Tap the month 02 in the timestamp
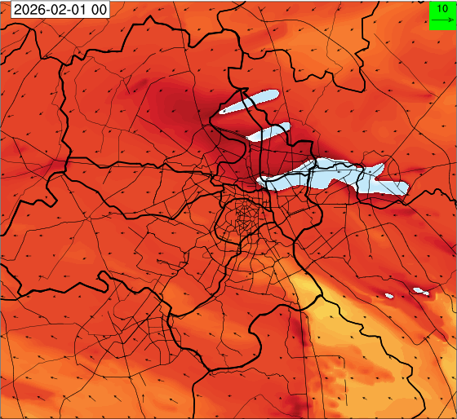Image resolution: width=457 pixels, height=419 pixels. (x=49, y=10)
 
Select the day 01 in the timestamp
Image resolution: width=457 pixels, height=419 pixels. (x=70, y=10)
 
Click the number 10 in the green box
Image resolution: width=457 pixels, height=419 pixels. (x=441, y=8)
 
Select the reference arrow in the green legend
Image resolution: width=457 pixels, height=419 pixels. (x=442, y=20)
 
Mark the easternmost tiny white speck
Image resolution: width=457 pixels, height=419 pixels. (x=421, y=290)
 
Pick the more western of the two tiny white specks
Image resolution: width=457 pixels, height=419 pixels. (x=388, y=295)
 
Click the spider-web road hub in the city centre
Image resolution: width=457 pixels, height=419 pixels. (x=242, y=218)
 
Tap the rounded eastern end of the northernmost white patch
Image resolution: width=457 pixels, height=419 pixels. (x=276, y=93)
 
